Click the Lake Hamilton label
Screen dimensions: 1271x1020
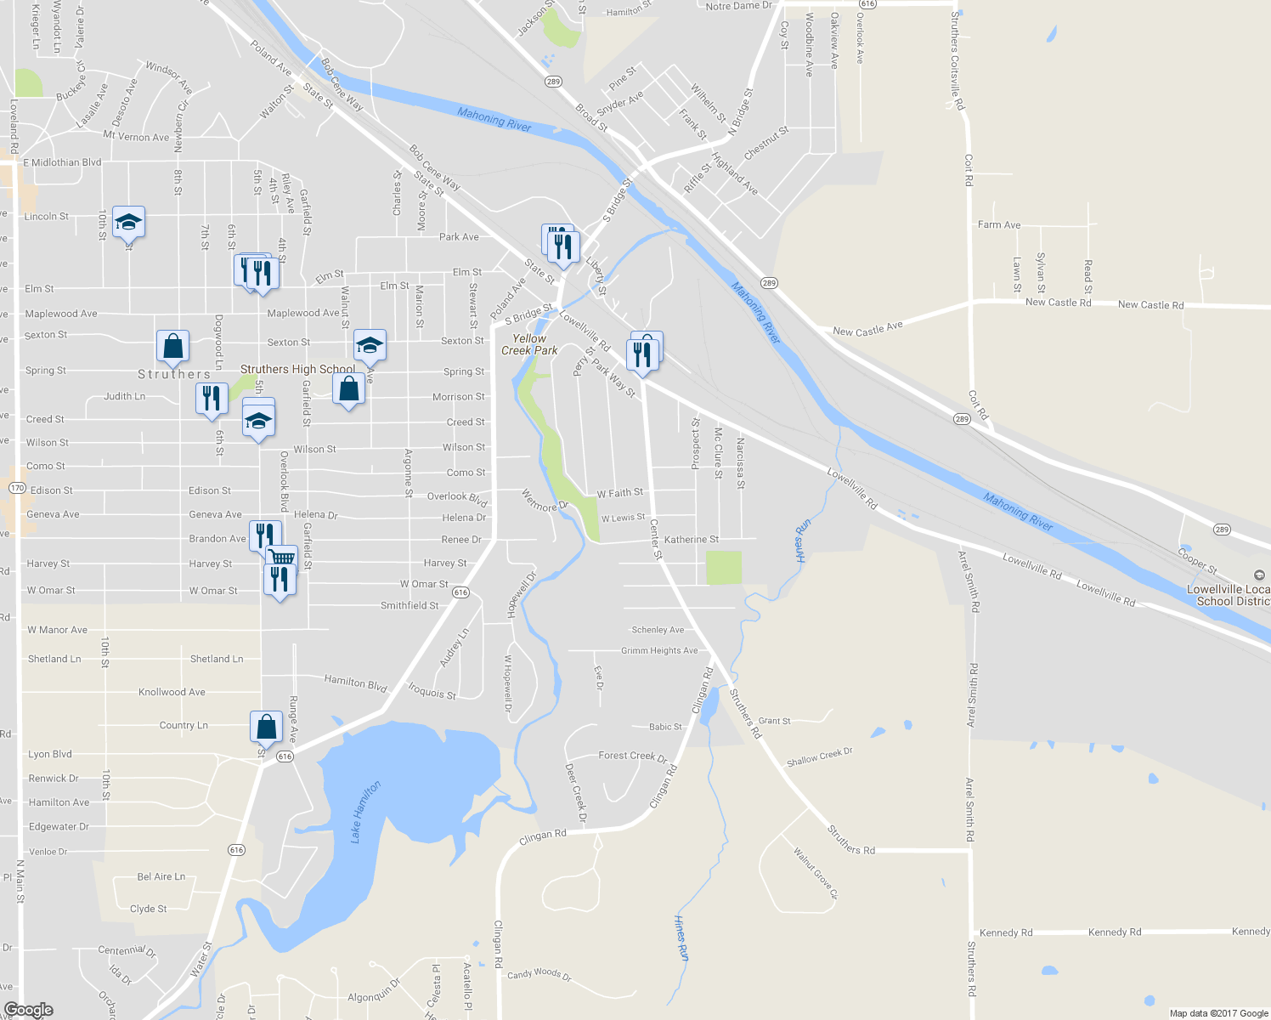click(365, 812)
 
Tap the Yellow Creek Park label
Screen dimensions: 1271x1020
click(529, 344)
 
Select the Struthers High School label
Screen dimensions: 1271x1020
click(297, 369)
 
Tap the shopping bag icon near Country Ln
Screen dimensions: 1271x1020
click(266, 727)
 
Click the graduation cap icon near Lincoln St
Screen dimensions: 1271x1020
click(128, 223)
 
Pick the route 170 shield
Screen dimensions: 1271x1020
click(17, 488)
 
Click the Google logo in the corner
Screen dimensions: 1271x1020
click(28, 1010)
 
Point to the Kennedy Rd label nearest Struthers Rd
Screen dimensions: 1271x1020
click(1006, 932)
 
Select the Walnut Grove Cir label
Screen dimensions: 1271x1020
click(816, 873)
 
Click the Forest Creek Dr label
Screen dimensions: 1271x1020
click(633, 756)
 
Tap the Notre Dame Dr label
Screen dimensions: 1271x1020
click(739, 6)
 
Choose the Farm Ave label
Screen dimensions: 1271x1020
click(999, 224)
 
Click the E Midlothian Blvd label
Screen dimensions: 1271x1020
click(62, 162)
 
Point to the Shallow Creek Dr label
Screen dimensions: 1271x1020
click(819, 756)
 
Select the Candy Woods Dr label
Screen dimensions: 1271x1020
click(539, 974)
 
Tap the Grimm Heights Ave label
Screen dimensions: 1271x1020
click(659, 650)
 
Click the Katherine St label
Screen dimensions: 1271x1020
click(692, 539)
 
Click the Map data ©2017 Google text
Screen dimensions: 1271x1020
click(1218, 1012)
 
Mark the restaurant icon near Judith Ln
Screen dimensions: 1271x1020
click(212, 398)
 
